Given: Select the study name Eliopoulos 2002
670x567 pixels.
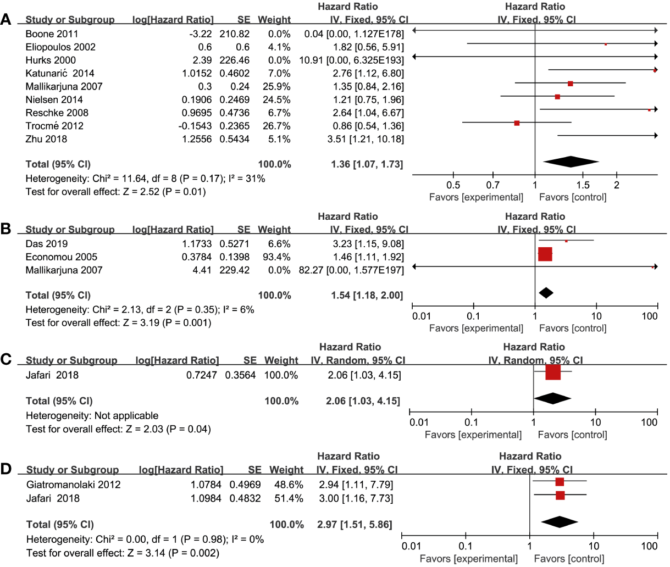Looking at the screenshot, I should tap(60, 47).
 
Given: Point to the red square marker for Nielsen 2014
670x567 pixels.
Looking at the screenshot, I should tap(557, 97).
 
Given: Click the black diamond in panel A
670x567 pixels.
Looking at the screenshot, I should tap(571, 162).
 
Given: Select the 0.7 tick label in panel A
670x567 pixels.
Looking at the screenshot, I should tap(493, 185).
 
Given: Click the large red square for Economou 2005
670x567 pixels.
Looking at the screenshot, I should tap(545, 254).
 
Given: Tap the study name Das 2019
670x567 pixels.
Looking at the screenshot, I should tap(47, 243).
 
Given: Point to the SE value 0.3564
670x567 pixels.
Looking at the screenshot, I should tap(240, 375).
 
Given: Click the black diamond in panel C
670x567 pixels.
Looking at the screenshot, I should tap(552, 398).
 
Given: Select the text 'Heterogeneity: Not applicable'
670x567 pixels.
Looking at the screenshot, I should tap(92, 415).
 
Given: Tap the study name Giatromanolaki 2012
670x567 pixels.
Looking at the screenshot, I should tap(74, 485).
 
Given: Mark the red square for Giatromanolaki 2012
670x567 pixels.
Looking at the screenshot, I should tap(560, 482).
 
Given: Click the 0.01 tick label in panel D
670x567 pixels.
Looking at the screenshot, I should tap(412, 546).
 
